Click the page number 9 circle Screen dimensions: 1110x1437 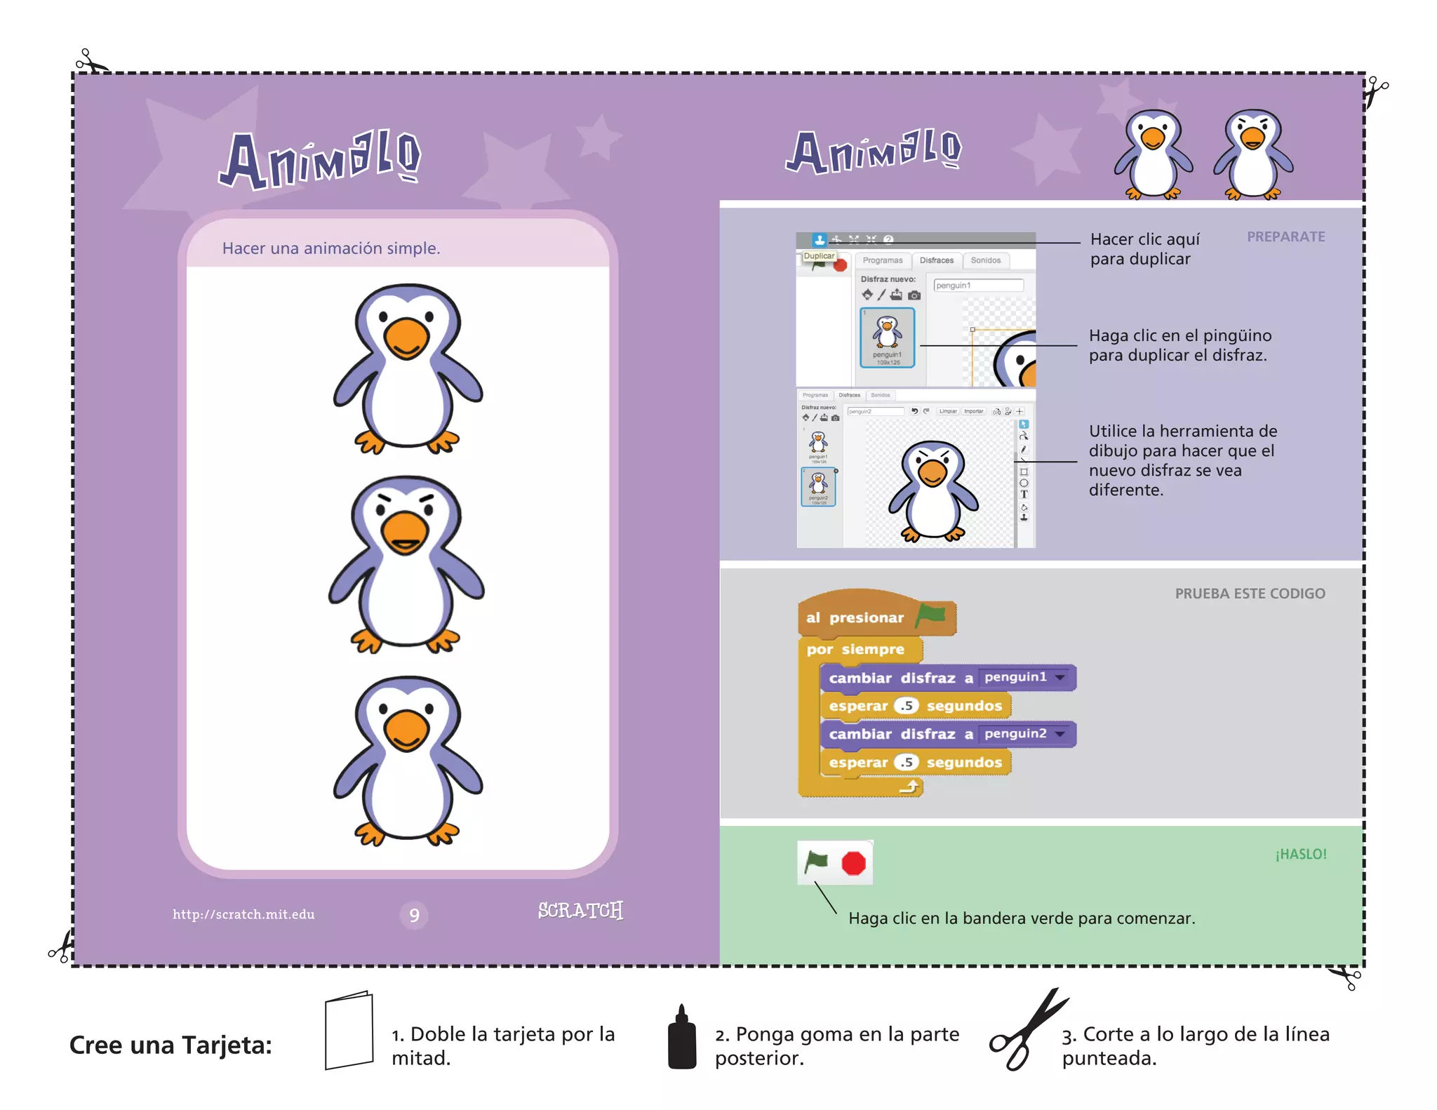(x=414, y=915)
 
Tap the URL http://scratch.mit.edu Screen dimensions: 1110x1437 (x=243, y=914)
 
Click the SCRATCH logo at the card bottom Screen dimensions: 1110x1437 (x=580, y=910)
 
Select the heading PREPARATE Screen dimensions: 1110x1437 (x=1285, y=237)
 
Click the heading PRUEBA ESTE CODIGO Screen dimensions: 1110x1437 (x=1250, y=594)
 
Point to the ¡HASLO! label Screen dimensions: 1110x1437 (x=1301, y=854)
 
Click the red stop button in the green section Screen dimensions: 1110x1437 (x=853, y=863)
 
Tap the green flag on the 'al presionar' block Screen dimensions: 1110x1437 (x=930, y=615)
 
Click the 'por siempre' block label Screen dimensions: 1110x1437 (x=855, y=650)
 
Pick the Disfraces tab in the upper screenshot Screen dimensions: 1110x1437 (x=936, y=260)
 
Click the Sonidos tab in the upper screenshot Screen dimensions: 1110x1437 (x=985, y=260)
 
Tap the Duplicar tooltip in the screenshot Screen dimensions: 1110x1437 (x=819, y=256)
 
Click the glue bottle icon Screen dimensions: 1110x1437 (x=681, y=1038)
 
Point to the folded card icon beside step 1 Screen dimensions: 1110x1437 (x=349, y=1030)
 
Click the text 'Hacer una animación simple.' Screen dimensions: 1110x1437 (x=331, y=248)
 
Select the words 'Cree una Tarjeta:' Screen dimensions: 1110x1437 (x=171, y=1045)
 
